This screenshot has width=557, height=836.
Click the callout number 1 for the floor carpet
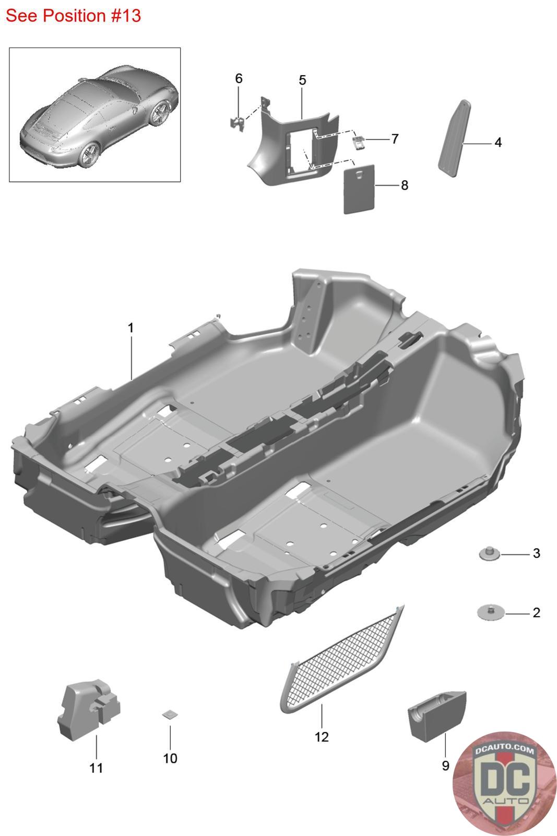pyautogui.click(x=131, y=328)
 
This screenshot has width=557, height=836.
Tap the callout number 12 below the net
pyautogui.click(x=322, y=737)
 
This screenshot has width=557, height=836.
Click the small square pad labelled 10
pyautogui.click(x=170, y=715)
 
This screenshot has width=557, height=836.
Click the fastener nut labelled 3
pyautogui.click(x=489, y=554)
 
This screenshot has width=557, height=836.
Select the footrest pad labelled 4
pyautogui.click(x=454, y=138)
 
